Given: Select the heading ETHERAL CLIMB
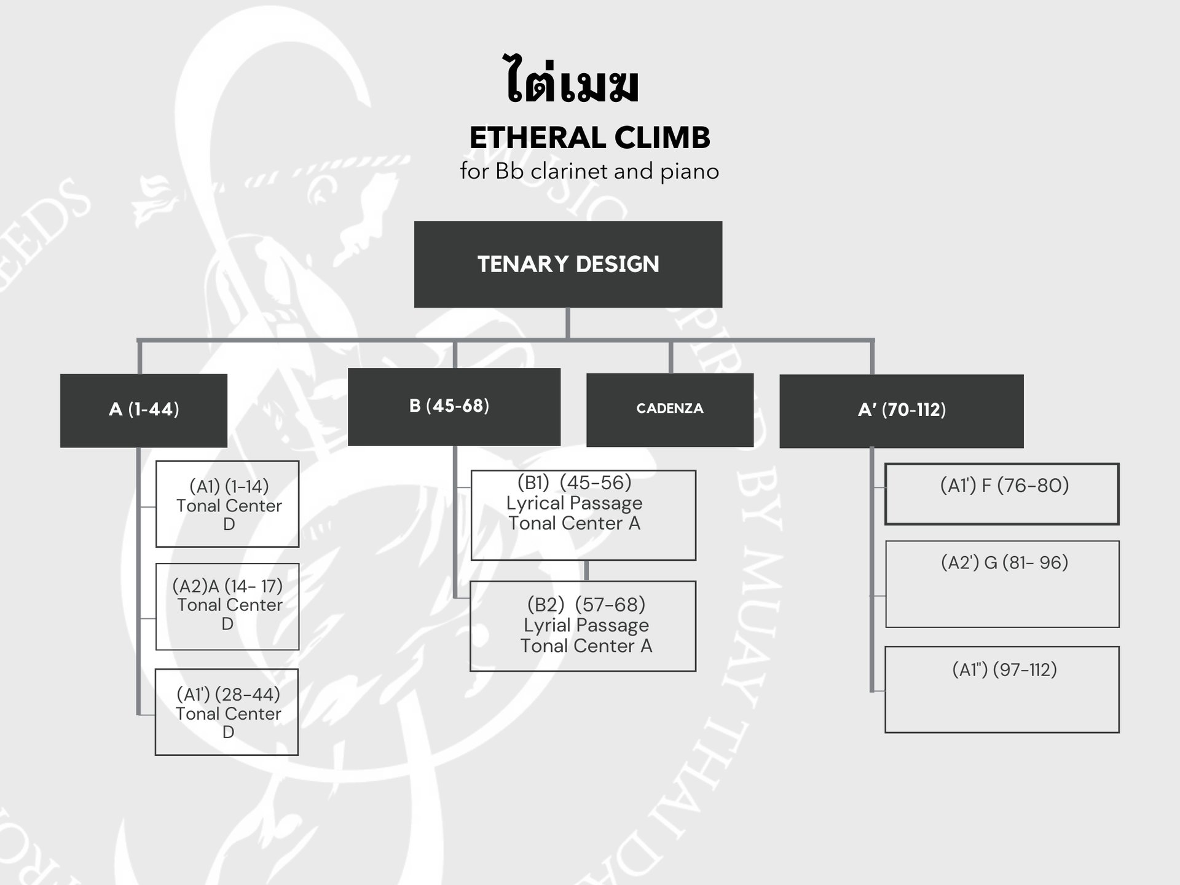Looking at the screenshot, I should [x=589, y=138].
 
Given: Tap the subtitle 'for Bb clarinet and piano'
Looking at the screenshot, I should [x=589, y=171].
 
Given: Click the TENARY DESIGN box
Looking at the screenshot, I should [x=568, y=264].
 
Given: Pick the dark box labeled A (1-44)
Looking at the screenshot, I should [x=144, y=410].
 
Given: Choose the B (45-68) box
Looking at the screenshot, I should [x=454, y=406].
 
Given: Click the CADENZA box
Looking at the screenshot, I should [x=669, y=409].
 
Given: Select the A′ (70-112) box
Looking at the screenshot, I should [x=901, y=411].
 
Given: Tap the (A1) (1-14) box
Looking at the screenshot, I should [x=227, y=504].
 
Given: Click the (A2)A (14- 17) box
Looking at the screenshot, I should [x=227, y=606].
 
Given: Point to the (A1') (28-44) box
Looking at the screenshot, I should [x=227, y=712].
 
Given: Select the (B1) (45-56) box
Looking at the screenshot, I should [x=583, y=515].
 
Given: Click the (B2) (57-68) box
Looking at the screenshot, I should [x=583, y=626].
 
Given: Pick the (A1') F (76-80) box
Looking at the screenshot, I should [x=1002, y=494].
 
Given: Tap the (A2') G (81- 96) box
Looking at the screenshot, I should [x=1002, y=584].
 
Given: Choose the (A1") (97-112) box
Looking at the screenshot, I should [x=1002, y=689].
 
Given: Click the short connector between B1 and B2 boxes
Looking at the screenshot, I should [x=586, y=571].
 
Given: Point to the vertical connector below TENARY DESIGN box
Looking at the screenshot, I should [x=567, y=323].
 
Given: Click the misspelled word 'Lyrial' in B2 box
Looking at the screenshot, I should [x=545, y=626].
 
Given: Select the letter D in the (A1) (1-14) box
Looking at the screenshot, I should [x=229, y=524].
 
